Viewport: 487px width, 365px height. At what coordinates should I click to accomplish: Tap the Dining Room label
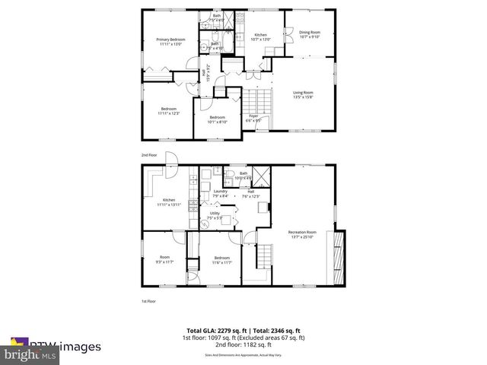click(x=310, y=34)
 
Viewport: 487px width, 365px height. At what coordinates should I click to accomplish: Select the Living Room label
click(x=304, y=95)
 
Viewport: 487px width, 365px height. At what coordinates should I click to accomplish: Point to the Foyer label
click(x=253, y=118)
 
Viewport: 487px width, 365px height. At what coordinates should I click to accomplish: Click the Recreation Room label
click(x=302, y=234)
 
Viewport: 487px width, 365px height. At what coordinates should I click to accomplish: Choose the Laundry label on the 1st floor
click(x=221, y=193)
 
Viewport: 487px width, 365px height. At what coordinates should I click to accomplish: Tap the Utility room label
click(x=215, y=215)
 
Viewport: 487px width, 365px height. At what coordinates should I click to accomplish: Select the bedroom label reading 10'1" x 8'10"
click(x=218, y=119)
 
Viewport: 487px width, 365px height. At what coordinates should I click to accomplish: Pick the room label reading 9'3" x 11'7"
click(x=164, y=260)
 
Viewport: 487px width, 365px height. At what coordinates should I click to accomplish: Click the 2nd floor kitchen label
click(x=261, y=37)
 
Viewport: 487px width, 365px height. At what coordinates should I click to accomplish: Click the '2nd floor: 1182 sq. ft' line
click(x=243, y=345)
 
